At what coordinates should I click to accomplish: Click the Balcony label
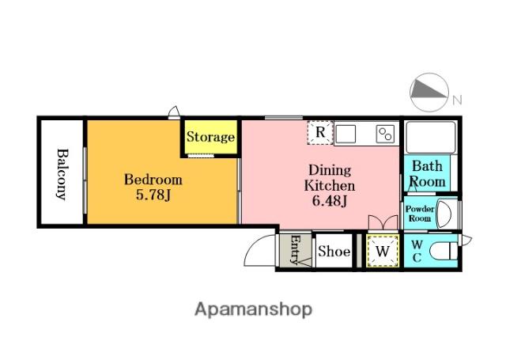click(x=62, y=174)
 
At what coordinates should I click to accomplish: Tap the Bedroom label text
click(x=153, y=180)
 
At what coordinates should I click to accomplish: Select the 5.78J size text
click(x=153, y=195)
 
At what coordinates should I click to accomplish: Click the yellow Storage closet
click(x=211, y=137)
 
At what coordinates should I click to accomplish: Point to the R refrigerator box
click(x=319, y=132)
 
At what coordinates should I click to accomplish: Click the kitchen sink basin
click(x=346, y=134)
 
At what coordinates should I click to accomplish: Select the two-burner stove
click(x=385, y=134)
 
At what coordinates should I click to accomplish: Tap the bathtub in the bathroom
click(x=430, y=137)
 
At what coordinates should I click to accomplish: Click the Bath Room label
click(x=428, y=174)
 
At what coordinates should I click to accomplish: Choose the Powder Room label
click(x=420, y=214)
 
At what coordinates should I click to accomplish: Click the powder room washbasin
click(x=444, y=214)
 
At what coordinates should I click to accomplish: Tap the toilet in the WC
click(x=444, y=251)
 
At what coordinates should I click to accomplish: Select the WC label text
click(x=417, y=251)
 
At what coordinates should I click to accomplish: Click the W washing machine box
click(x=383, y=251)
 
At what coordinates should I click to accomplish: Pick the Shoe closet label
click(x=334, y=251)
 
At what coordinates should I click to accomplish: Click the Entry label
click(x=295, y=250)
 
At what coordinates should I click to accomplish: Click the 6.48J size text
click(x=330, y=201)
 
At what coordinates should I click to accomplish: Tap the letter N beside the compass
click(x=457, y=100)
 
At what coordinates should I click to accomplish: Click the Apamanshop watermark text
click(x=253, y=309)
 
